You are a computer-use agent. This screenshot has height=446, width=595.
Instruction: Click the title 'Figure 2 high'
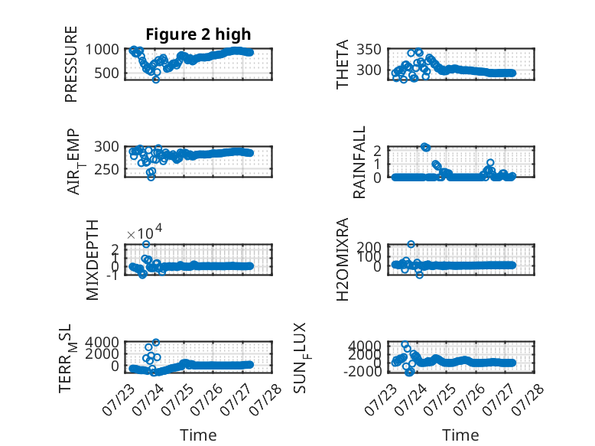click(198, 34)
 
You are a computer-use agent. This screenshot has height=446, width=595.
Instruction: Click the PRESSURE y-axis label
click(71, 64)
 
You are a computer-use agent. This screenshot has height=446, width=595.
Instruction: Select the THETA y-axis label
click(343, 64)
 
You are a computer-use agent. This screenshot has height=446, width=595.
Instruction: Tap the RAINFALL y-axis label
click(359, 162)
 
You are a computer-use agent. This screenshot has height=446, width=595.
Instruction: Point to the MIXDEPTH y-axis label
click(93, 260)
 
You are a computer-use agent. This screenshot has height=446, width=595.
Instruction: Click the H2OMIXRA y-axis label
click(343, 259)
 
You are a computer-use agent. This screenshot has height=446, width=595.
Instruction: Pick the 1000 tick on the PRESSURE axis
click(102, 50)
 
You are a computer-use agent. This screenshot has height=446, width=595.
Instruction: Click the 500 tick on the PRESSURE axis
click(106, 73)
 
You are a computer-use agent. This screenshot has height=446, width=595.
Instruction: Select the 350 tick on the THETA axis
click(369, 50)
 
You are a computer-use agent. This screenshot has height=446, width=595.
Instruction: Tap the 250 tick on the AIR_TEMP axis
click(106, 170)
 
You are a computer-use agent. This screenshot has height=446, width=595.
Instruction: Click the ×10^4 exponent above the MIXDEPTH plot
click(145, 232)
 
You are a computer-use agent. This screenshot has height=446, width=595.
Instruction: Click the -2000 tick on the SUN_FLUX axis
click(363, 371)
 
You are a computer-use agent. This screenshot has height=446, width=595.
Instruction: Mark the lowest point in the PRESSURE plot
click(155, 80)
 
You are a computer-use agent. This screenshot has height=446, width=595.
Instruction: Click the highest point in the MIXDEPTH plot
click(146, 244)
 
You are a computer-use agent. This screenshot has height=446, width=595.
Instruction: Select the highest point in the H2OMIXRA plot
click(411, 244)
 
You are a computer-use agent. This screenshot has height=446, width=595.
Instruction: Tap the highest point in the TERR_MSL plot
click(155, 343)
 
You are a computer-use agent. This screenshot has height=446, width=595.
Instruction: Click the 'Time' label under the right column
click(460, 435)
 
